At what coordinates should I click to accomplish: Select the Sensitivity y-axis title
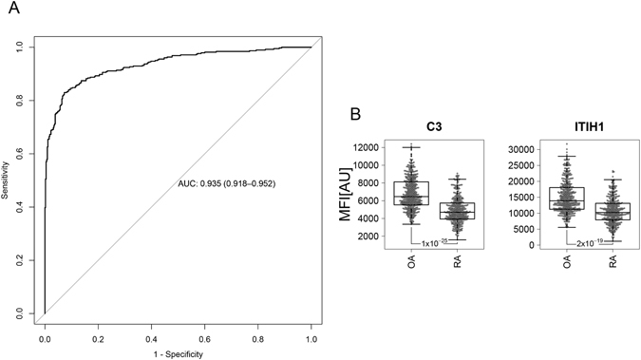click(x=8, y=180)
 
